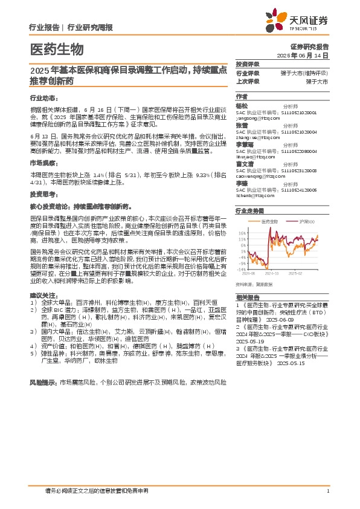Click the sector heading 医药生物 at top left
(57, 50)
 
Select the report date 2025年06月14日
(303, 55)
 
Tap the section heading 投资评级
(247, 64)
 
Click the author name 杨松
(241, 105)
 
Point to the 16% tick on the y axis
(242, 232)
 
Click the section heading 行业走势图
(249, 211)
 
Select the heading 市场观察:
(43, 164)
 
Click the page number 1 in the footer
(327, 491)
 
